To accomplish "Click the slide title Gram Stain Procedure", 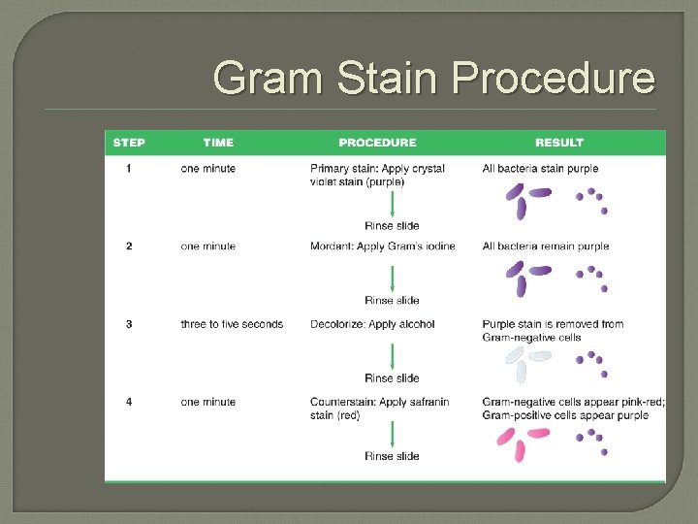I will (433, 78).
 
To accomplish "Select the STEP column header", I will (129, 143).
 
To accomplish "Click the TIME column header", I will (218, 143).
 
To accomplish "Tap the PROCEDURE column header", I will (377, 143).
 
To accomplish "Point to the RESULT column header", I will (559, 143).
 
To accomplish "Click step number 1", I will (129, 169).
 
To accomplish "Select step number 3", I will (129, 324).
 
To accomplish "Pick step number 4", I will (129, 402).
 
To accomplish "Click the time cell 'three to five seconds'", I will (232, 324).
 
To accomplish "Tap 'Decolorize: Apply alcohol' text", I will (372, 324).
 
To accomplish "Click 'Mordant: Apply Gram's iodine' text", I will (382, 246).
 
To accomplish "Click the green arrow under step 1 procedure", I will (392, 205).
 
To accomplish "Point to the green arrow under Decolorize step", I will (392, 356).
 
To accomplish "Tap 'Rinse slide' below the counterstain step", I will (392, 456).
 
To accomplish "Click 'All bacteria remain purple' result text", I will (546, 246).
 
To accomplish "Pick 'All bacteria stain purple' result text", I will (540, 169).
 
